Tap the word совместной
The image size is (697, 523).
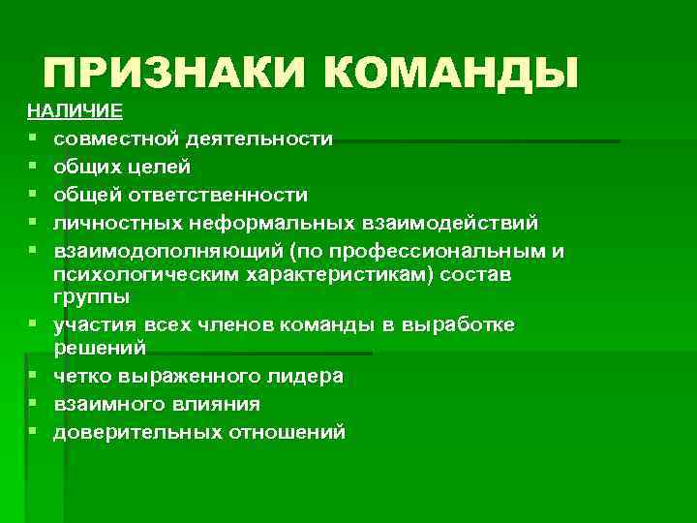point(113,139)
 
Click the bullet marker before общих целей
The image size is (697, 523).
point(33,168)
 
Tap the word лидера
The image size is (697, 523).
point(306,376)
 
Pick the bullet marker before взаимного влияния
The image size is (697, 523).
point(33,404)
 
